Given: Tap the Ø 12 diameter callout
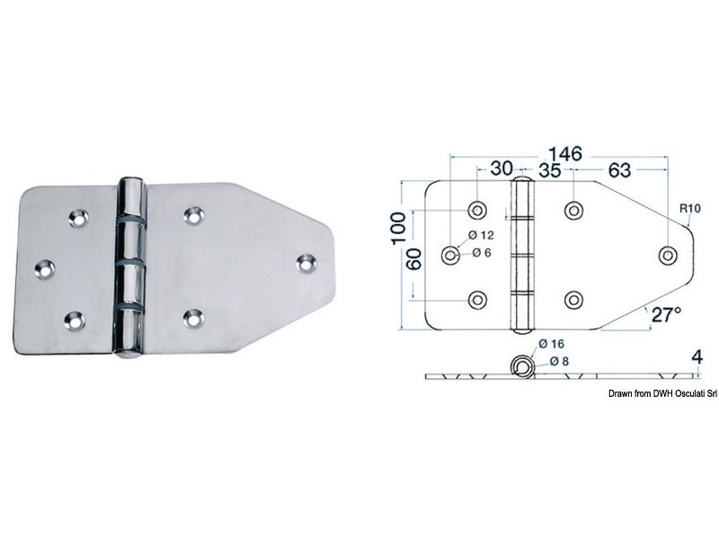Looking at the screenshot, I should pos(482,235).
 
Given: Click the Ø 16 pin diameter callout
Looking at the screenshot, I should pos(553,343).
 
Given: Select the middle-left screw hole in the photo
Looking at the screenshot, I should pos(43,266).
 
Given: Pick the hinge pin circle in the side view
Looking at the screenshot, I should pos(520,365).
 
